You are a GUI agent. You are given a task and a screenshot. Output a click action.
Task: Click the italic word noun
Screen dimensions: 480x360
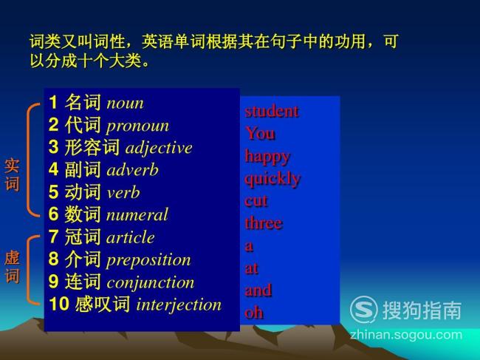pyautogui.click(x=125, y=103)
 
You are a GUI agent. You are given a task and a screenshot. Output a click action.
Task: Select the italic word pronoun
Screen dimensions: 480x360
pyautogui.click(x=137, y=126)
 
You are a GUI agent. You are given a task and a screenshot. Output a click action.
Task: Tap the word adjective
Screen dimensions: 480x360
pyautogui.click(x=159, y=149)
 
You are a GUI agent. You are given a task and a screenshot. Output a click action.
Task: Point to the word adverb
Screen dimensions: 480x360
pyautogui.click(x=132, y=170)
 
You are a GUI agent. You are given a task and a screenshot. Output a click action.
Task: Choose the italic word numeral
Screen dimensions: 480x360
pyautogui.click(x=137, y=214)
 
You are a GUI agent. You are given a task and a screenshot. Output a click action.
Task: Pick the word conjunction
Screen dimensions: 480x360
pyautogui.click(x=151, y=283)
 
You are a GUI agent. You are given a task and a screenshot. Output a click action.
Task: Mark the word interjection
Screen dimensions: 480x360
pyautogui.click(x=179, y=305)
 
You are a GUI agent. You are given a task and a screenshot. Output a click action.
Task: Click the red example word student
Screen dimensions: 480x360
pyautogui.click(x=272, y=111)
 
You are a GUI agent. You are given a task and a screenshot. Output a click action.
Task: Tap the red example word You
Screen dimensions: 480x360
pyautogui.click(x=260, y=134)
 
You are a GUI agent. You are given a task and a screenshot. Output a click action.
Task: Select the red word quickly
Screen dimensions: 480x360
pyautogui.click(x=272, y=179)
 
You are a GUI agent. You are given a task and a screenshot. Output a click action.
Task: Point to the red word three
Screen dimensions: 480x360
pyautogui.click(x=264, y=223)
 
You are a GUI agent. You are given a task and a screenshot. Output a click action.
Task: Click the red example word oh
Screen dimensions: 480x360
pyautogui.click(x=254, y=313)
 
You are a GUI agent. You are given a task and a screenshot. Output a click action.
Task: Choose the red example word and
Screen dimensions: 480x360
pyautogui.click(x=258, y=291)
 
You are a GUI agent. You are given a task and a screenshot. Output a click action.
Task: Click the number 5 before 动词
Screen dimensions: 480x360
pyautogui.click(x=53, y=191)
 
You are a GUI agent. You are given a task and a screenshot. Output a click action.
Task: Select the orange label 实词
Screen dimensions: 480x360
pyautogui.click(x=12, y=174)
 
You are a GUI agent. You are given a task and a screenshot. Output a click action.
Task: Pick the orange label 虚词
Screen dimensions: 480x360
pyautogui.click(x=12, y=267)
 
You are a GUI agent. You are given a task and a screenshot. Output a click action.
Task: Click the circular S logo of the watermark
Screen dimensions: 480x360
pyautogui.click(x=363, y=310)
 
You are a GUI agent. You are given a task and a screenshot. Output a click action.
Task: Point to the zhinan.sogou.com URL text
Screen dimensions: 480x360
pyautogui.click(x=406, y=335)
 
